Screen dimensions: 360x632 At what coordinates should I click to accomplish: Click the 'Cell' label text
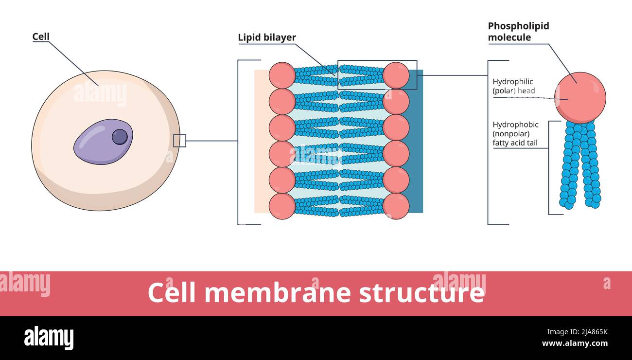click(x=41, y=37)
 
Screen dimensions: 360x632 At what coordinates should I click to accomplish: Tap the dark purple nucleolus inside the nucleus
click(x=120, y=137)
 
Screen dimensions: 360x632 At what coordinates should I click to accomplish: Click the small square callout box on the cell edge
click(x=179, y=141)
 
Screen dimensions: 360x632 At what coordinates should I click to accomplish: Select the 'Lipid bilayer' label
click(x=267, y=38)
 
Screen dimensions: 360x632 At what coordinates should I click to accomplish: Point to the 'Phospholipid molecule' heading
click(x=518, y=31)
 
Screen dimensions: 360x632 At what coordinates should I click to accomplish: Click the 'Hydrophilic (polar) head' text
click(x=513, y=86)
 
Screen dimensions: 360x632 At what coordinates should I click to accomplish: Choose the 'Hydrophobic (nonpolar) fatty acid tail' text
click(x=515, y=134)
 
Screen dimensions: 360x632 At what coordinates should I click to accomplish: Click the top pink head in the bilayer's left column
click(x=282, y=75)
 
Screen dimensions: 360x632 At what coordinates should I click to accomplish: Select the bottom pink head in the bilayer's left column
click(x=282, y=206)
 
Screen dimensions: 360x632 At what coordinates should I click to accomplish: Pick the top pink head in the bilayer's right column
click(x=396, y=75)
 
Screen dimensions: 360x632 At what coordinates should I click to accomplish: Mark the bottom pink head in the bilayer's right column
click(x=396, y=206)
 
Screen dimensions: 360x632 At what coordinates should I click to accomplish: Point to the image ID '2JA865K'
click(x=588, y=332)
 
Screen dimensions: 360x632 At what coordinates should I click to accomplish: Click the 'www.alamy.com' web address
click(x=575, y=343)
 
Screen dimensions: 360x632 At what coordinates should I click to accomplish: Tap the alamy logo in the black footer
click(x=49, y=338)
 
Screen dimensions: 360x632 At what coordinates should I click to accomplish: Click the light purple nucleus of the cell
click(x=97, y=144)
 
